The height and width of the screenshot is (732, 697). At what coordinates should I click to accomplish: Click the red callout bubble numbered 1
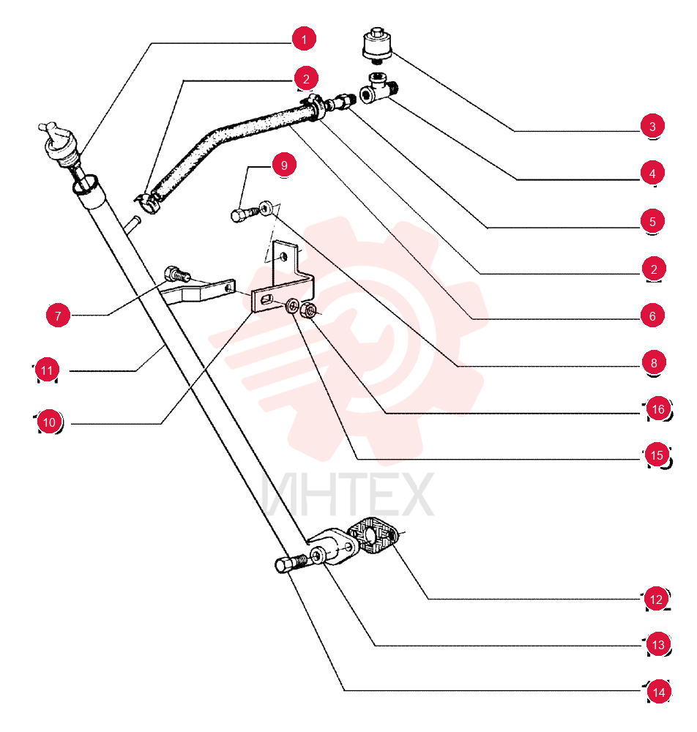304,39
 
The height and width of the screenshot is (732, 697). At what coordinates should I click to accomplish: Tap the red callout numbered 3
652,126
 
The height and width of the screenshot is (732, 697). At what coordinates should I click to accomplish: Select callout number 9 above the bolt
284,165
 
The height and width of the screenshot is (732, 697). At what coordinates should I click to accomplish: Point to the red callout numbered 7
58,315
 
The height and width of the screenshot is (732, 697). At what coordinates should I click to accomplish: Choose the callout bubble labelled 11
47,370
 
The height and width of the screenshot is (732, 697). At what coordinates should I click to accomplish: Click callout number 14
658,692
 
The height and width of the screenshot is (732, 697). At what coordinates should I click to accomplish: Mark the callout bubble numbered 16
657,409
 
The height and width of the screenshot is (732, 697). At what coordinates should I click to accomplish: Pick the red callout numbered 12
656,599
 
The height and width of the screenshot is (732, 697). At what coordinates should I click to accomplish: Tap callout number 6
652,315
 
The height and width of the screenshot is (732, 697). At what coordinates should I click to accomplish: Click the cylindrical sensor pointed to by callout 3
377,45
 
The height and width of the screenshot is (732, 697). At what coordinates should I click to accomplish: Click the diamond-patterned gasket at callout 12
373,536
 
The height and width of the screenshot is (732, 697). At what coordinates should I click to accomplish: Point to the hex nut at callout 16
308,309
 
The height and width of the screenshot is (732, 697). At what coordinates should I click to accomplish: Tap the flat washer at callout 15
293,306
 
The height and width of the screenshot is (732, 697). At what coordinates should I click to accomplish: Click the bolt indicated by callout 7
177,274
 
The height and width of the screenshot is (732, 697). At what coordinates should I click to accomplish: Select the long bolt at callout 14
291,564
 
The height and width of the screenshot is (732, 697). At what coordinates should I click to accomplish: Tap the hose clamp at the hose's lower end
147,202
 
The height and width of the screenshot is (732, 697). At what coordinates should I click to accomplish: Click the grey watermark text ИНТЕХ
347,494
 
